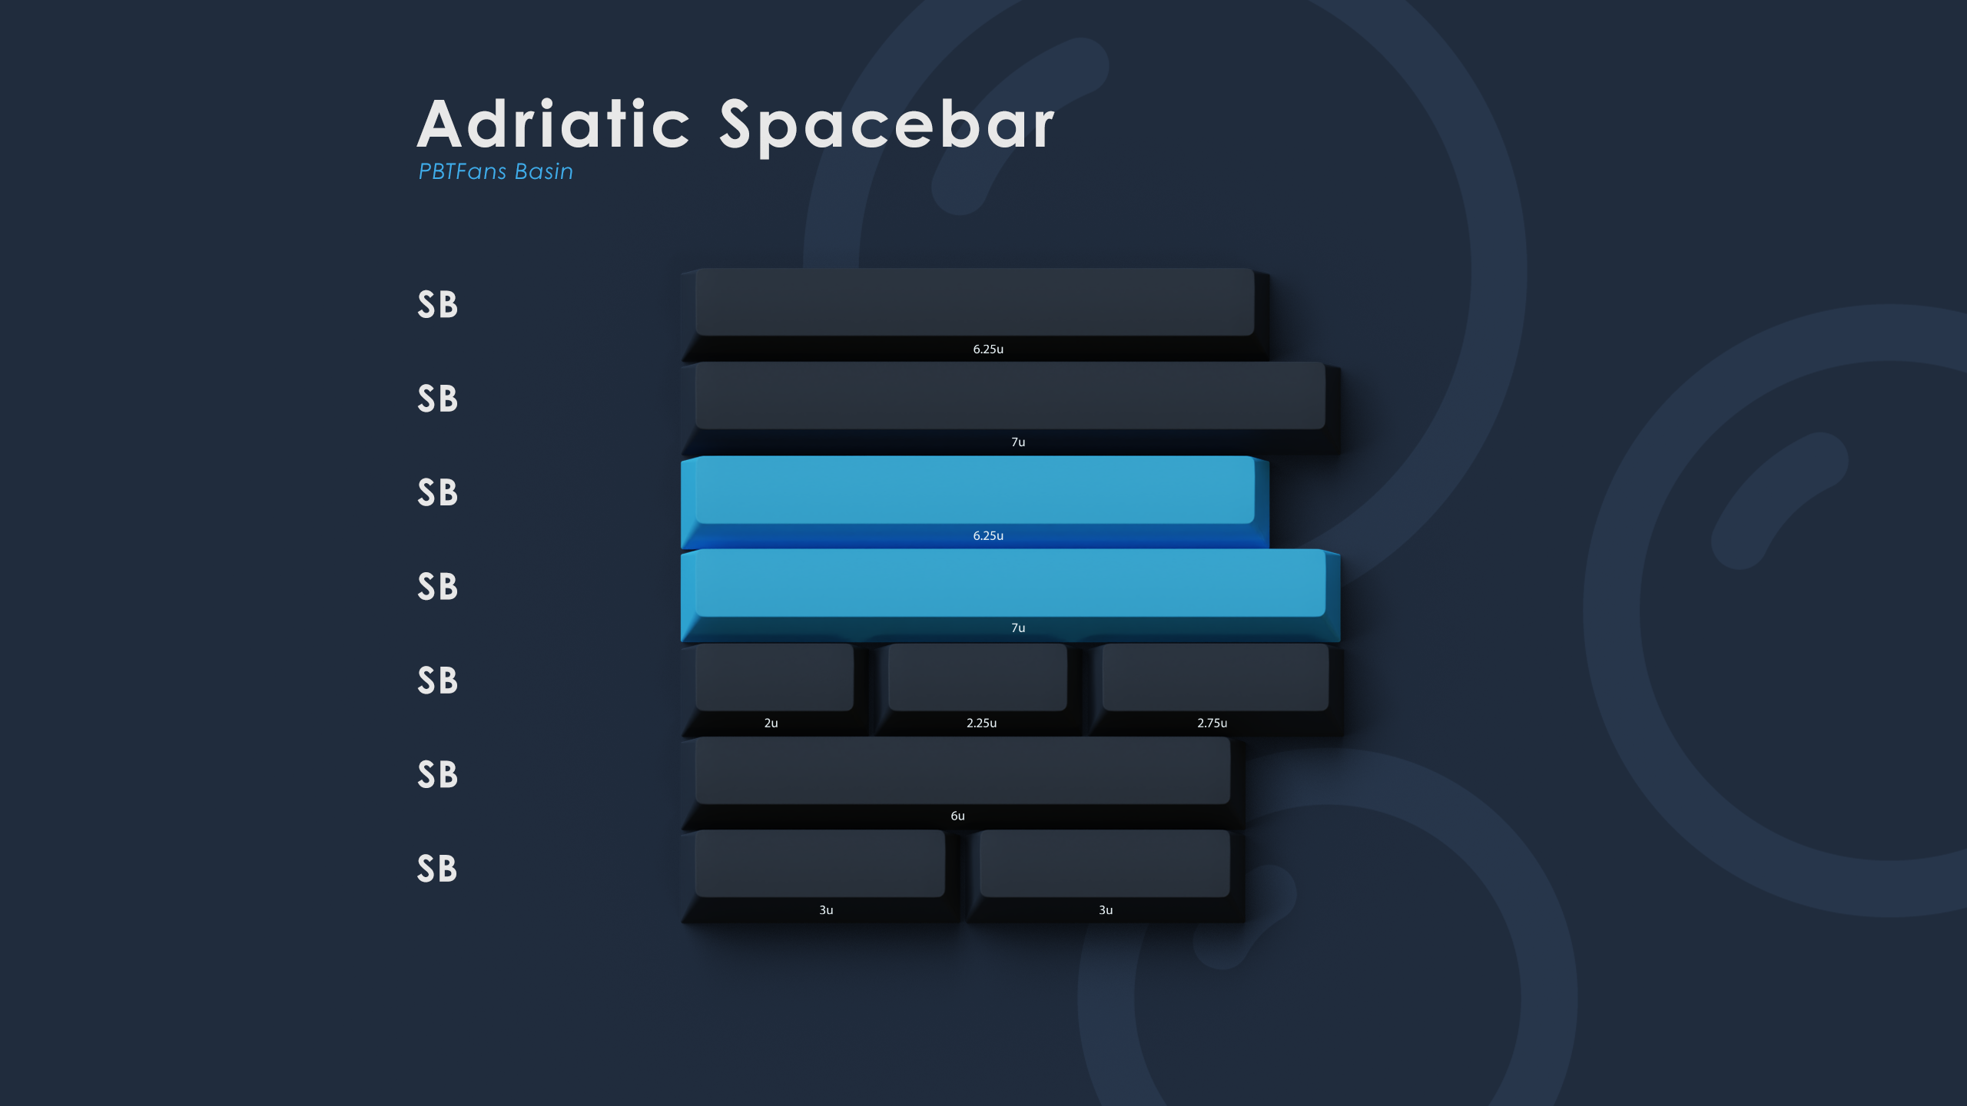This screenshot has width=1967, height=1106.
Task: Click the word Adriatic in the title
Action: (x=553, y=124)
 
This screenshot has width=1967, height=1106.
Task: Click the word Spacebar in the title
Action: (x=887, y=127)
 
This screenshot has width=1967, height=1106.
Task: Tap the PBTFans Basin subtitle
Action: (x=496, y=171)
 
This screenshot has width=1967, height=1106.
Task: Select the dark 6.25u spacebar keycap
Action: (x=975, y=315)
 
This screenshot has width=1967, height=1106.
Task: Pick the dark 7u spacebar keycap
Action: (x=1010, y=409)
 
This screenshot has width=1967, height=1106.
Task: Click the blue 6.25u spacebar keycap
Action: (x=975, y=502)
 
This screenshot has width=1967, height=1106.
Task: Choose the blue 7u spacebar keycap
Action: (x=1010, y=596)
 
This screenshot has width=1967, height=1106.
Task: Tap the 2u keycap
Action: (x=775, y=690)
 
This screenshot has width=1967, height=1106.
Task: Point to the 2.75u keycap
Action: (x=1216, y=690)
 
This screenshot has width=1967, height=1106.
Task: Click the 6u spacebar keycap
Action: (x=963, y=783)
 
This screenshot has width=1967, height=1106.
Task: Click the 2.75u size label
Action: (x=1212, y=723)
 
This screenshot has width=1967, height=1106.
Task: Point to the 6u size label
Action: (x=957, y=816)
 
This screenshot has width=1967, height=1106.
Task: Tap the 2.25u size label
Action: (x=982, y=723)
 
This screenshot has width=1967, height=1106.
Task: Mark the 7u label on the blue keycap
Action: (x=1018, y=628)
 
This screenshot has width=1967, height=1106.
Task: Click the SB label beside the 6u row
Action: (x=437, y=775)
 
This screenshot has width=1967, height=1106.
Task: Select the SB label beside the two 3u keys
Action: (x=437, y=869)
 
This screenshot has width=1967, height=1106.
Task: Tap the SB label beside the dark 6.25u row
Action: (x=437, y=305)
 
